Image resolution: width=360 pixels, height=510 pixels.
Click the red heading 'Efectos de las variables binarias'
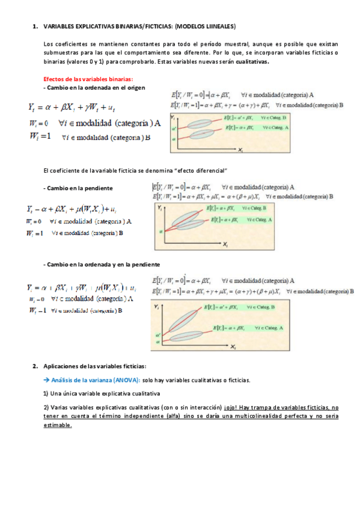point(88,79)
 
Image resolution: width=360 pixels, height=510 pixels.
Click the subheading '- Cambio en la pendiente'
point(78,188)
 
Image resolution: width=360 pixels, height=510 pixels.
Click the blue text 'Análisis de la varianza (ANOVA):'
point(96,380)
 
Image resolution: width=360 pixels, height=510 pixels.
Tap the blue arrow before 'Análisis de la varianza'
point(47,380)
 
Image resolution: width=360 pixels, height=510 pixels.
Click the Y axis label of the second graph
point(158,207)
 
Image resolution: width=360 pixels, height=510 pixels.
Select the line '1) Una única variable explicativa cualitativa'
point(101,394)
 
